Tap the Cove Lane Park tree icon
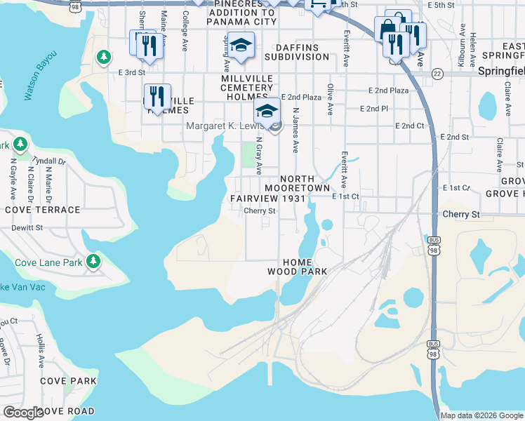tap(92, 262)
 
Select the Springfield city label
tap(500, 71)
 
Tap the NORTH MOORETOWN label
tap(298, 184)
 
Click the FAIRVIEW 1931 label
tap(269, 199)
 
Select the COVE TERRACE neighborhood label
tap(43, 210)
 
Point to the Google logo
tap(22, 413)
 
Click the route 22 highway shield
tap(437, 73)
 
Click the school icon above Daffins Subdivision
tap(241, 45)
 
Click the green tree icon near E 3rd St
tap(104, 56)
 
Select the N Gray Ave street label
tap(258, 155)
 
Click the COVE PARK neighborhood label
tap(68, 381)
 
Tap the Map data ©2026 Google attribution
tap(481, 415)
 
